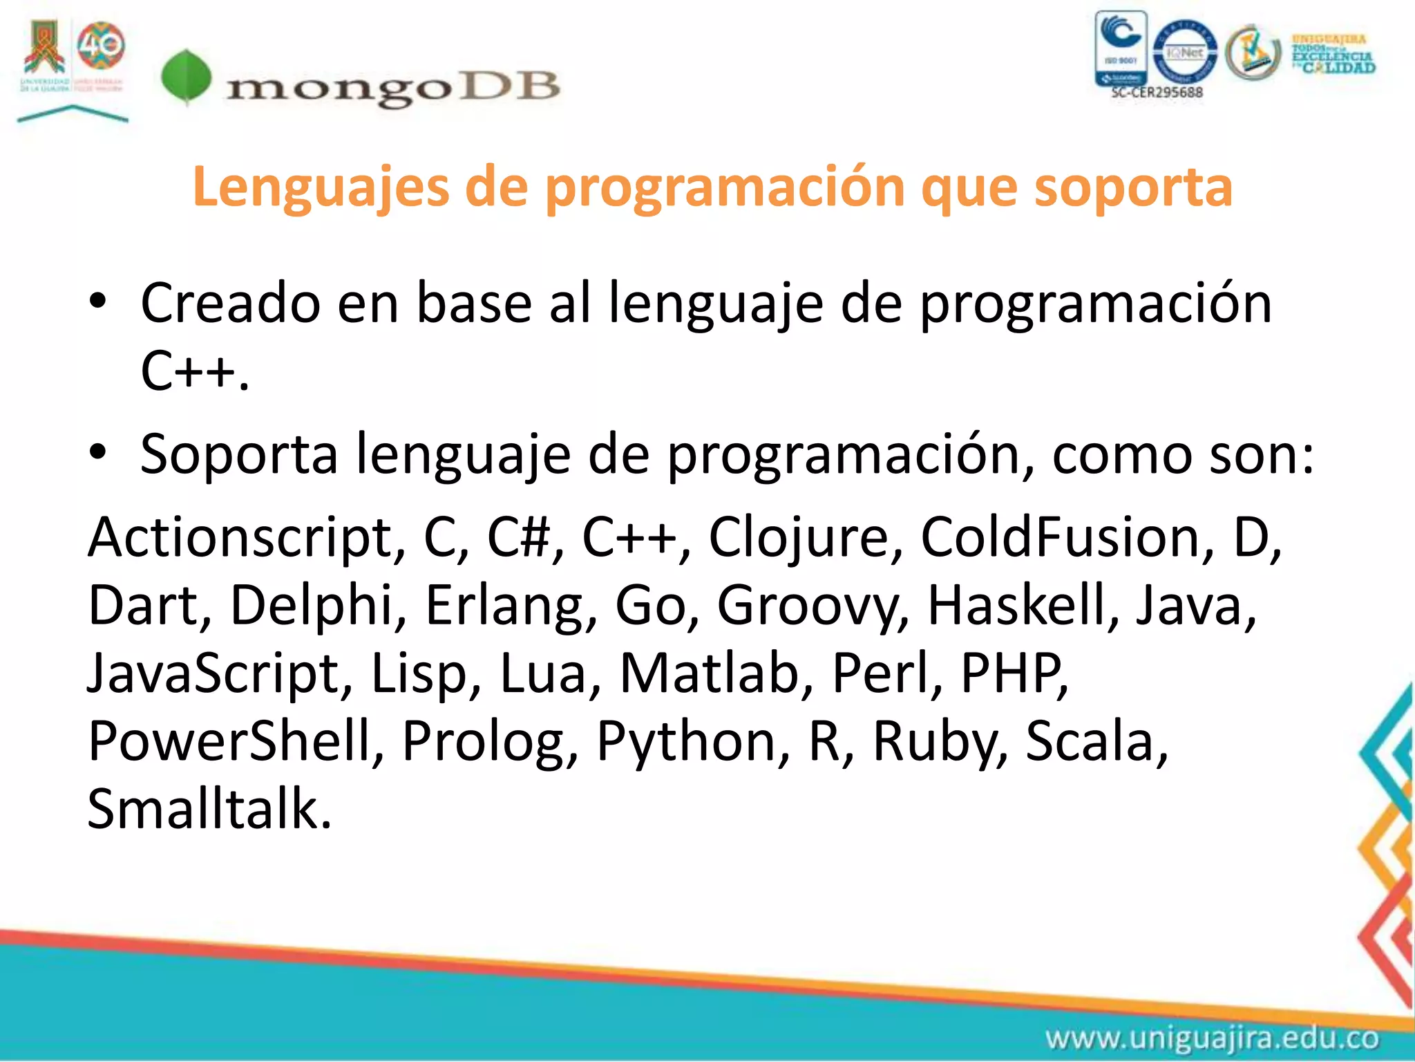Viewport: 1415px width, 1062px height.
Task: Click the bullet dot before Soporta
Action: click(x=98, y=452)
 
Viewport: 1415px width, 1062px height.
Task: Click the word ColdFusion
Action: click(x=1067, y=538)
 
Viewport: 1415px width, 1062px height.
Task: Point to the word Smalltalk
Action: click(x=209, y=809)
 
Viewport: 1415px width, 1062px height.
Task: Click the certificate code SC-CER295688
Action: click(x=1157, y=92)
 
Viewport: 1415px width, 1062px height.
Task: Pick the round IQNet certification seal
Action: click(x=1184, y=52)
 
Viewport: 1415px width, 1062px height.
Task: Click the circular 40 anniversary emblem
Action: click(x=101, y=46)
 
